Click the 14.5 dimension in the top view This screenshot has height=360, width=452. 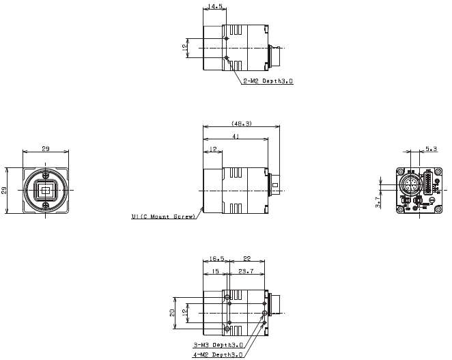click(214, 8)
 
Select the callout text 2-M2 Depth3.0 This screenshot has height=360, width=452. click(268, 81)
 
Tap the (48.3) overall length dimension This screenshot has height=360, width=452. click(242, 124)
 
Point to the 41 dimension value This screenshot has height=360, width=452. click(236, 137)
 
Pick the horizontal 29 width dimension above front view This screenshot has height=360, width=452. click(45, 148)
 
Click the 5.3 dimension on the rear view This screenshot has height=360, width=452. click(432, 148)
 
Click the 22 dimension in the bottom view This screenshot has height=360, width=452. click(247, 260)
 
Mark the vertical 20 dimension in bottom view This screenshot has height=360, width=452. click(173, 312)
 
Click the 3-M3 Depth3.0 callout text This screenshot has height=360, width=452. click(219, 345)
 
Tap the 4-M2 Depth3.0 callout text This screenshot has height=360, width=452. click(219, 354)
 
